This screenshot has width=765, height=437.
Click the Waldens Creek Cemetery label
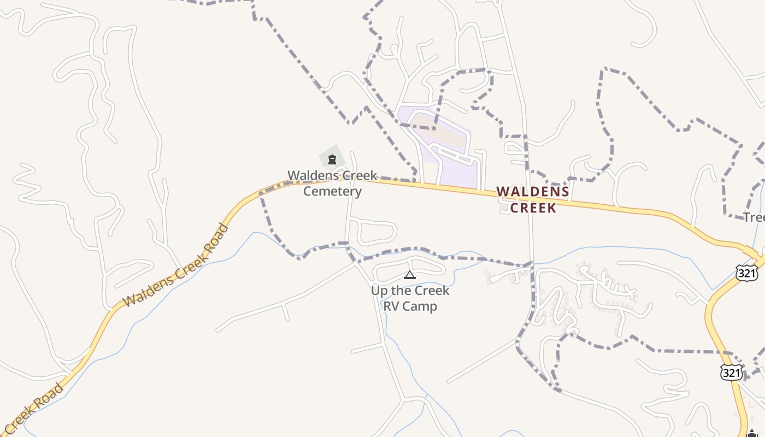pos(332,183)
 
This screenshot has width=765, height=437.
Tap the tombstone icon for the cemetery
pos(332,160)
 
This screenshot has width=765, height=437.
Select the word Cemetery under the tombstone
pos(332,191)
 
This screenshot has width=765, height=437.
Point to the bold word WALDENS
pos(533,192)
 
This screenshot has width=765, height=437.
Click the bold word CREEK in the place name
pos(533,208)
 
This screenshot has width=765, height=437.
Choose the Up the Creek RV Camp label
pos(410,298)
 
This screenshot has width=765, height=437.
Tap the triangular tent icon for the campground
pos(410,275)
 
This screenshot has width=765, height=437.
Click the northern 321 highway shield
pos(747,273)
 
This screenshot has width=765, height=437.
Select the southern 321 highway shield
pos(731,373)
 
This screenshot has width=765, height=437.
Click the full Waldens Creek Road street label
pos(175,265)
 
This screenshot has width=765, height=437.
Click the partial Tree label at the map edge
pos(754,217)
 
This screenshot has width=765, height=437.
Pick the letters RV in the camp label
pos(392,306)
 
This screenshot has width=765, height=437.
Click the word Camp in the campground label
pos(421,306)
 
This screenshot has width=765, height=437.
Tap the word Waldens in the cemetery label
pos(309,175)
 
